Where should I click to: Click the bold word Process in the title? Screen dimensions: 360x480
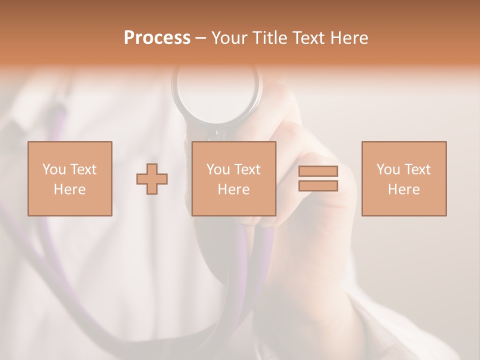tap(157, 37)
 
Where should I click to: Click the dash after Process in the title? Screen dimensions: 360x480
tap(200, 38)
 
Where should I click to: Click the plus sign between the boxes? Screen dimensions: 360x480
tap(152, 179)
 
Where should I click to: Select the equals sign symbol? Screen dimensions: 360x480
tap(318, 178)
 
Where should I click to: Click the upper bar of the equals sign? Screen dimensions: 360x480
tap(318, 171)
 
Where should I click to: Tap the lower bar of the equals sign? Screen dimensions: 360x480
tap(318, 185)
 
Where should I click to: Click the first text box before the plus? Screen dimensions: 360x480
tap(70, 178)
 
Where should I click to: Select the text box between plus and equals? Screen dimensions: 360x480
tap(234, 178)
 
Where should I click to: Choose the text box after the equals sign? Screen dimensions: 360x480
tap(404, 178)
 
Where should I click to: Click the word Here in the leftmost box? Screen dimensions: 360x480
tap(70, 189)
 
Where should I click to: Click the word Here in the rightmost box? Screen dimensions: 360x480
tap(404, 189)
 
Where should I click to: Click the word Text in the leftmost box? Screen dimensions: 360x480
tap(83, 169)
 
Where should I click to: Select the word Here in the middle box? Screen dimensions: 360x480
tap(234, 189)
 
